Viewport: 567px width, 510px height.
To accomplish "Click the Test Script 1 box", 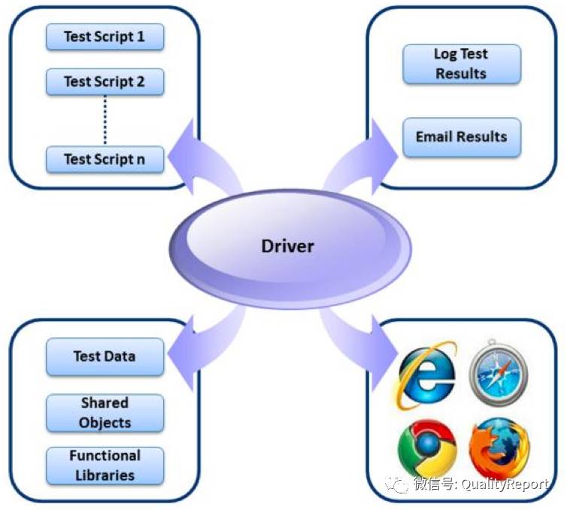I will (x=105, y=37).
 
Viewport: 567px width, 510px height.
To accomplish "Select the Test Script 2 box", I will (x=105, y=82).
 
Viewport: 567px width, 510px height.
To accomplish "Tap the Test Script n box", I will (x=105, y=159).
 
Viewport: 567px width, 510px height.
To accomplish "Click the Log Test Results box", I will (x=461, y=64).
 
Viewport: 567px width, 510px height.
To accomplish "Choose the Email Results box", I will (x=461, y=137).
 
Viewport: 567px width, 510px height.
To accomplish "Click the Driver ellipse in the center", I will (x=288, y=246).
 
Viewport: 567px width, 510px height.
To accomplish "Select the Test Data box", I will (x=105, y=357).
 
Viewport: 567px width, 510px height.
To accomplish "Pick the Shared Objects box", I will (x=105, y=413).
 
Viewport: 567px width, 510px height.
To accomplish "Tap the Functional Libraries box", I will (x=105, y=466).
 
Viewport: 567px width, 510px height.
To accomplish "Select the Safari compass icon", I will (x=498, y=374).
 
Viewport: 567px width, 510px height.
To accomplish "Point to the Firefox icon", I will (x=498, y=450).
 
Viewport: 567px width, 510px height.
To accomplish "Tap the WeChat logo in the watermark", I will (x=397, y=484).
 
